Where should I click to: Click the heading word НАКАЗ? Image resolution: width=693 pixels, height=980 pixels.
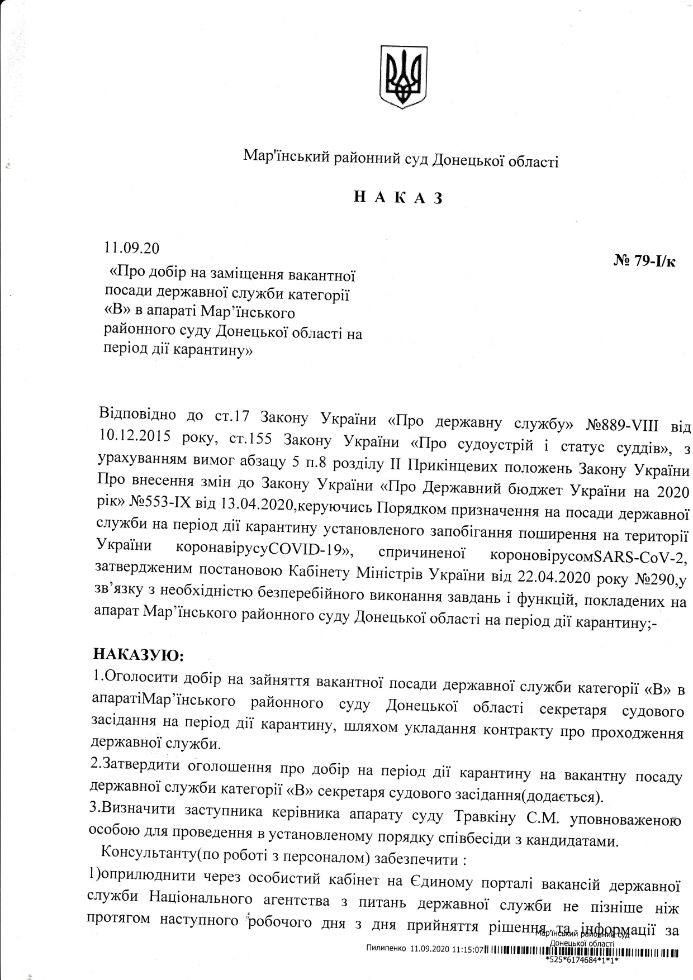pyautogui.click(x=398, y=198)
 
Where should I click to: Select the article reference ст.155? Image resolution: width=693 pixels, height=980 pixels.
pyautogui.click(x=250, y=440)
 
